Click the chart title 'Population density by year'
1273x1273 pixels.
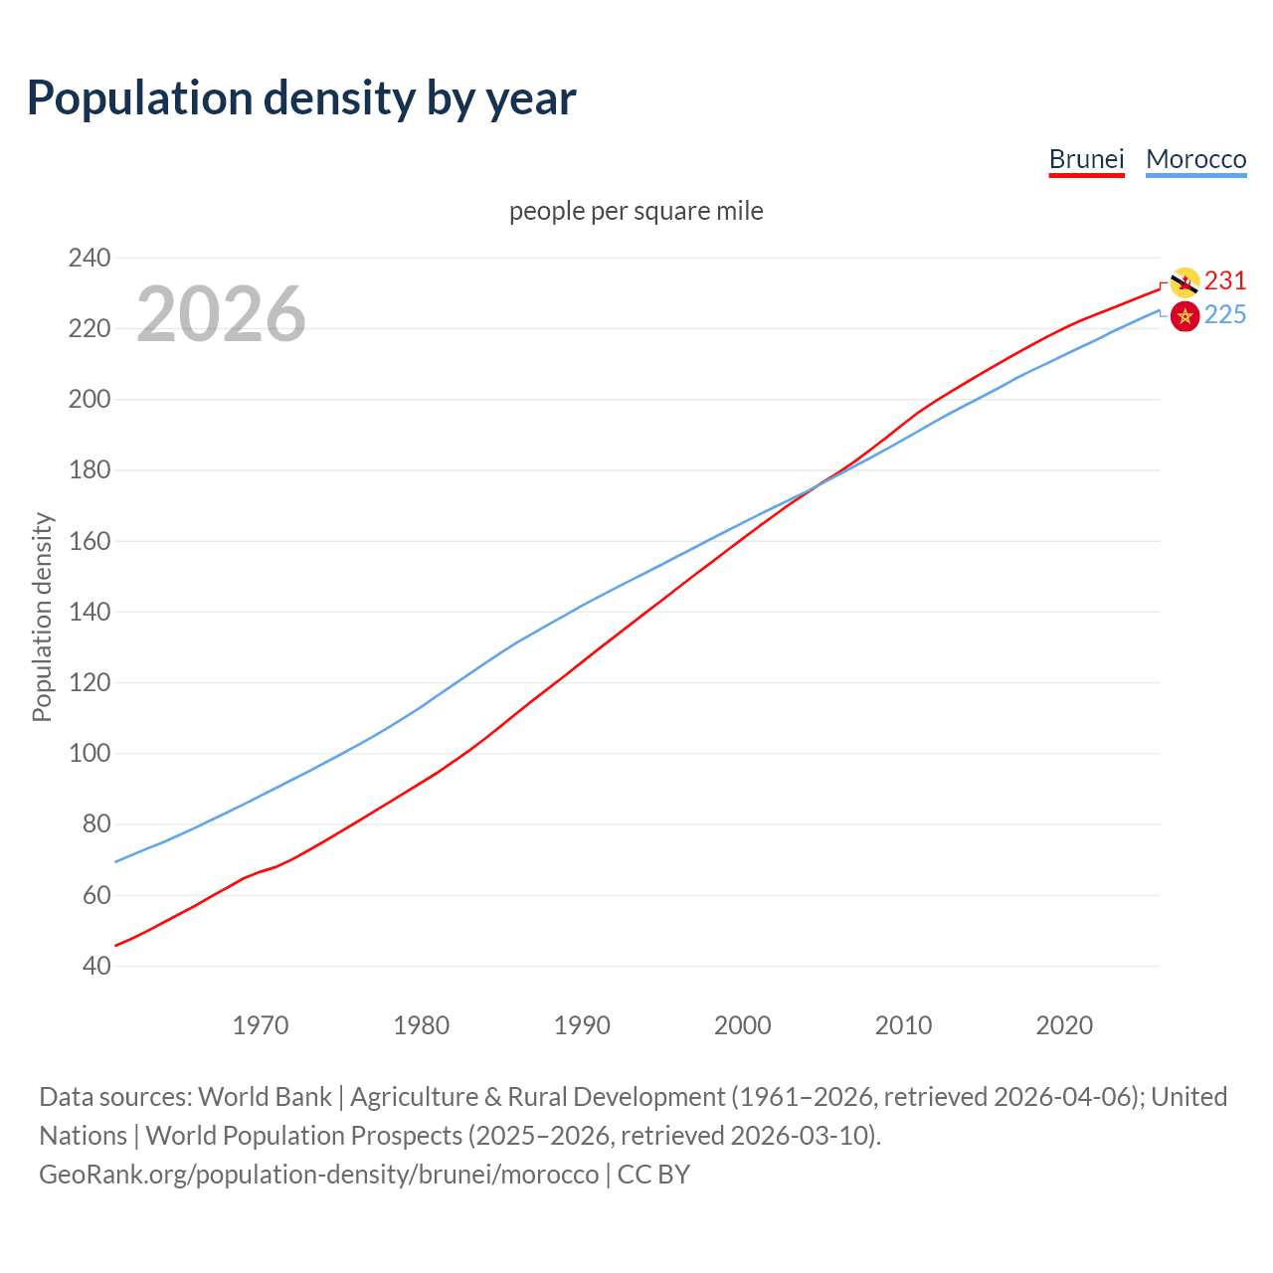pyautogui.click(x=301, y=98)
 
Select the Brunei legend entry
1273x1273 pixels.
pyautogui.click(x=1086, y=159)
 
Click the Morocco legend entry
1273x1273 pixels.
pyautogui.click(x=1195, y=159)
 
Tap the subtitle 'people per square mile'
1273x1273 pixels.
pyautogui.click(x=636, y=211)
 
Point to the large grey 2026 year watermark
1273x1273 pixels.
pyautogui.click(x=221, y=314)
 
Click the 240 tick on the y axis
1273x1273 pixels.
pyautogui.click(x=90, y=258)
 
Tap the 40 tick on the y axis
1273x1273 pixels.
pyautogui.click(x=96, y=966)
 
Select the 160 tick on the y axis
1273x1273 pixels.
pyautogui.click(x=90, y=541)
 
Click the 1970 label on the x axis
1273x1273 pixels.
pyautogui.click(x=261, y=1025)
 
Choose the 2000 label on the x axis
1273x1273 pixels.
pyautogui.click(x=743, y=1025)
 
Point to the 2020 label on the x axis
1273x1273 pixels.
pyautogui.click(x=1064, y=1025)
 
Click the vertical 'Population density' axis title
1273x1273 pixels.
pyautogui.click(x=42, y=617)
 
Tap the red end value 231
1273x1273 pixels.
pyautogui.click(x=1225, y=281)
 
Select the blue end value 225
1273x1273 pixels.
pyautogui.click(x=1225, y=315)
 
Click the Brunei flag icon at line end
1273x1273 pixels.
pyautogui.click(x=1184, y=282)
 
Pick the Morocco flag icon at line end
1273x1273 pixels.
pyautogui.click(x=1184, y=317)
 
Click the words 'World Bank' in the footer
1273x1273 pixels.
pyautogui.click(x=265, y=1097)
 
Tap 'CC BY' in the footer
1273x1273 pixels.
pyautogui.click(x=653, y=1175)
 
